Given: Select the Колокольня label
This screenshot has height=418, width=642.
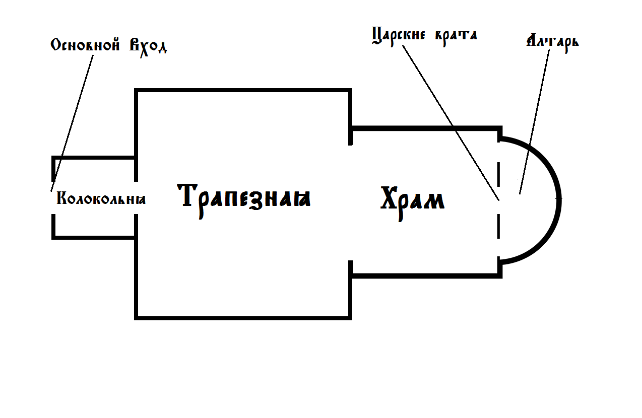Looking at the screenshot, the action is coord(101,198).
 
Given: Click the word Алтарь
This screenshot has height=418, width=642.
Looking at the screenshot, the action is coord(553,43).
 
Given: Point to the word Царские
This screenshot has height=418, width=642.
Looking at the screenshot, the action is coord(399,36).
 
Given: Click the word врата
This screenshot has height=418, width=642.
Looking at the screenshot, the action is coord(456,37).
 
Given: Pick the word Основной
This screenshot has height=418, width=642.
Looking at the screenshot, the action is coord(85,45).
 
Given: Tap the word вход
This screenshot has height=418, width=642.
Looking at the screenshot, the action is coord(148,47).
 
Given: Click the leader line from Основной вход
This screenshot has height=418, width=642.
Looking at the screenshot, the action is coord(72,123).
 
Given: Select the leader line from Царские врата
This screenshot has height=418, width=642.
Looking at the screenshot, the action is coord(451,123).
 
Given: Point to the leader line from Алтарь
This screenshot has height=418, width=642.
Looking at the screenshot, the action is coord(535,122).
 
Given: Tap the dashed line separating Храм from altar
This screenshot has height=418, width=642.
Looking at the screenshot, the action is coord(499,200).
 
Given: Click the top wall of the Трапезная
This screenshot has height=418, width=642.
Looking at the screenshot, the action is coord(243,90).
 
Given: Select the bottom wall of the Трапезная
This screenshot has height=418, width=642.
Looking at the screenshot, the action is coord(243,318).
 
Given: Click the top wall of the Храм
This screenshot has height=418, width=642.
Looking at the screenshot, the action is coord(426,128).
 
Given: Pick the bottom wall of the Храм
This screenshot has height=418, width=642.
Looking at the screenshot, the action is coord(426,275).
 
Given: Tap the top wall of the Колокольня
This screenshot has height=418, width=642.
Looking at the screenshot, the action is coord(93,158).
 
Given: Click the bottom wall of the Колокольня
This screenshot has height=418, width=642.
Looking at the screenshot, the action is coord(93,238).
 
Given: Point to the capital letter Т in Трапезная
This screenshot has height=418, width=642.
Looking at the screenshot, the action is coord(188,195).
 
